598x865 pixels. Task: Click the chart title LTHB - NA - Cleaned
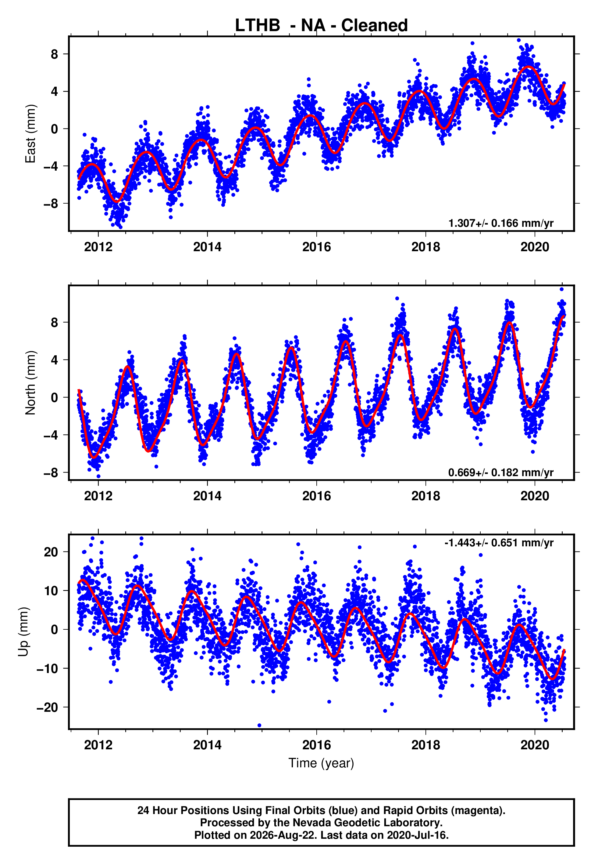321,26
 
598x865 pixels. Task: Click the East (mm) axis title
30,134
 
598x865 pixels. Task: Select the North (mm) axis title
30,383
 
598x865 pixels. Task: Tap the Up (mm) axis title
23,632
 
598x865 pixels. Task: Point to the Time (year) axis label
321,763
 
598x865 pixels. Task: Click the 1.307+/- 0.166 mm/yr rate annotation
501,223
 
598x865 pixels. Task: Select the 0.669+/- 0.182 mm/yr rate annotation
501,472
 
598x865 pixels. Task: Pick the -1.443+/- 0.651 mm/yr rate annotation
499,543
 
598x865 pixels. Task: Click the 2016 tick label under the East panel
317,247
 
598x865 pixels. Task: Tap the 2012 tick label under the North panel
98,496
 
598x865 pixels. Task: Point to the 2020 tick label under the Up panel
535,745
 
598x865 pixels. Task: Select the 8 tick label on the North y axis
55,322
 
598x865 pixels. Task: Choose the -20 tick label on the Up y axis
47,708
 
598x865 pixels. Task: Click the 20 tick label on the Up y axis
51,552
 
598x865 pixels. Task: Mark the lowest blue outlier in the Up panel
259,726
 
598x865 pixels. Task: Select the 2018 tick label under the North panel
426,496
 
